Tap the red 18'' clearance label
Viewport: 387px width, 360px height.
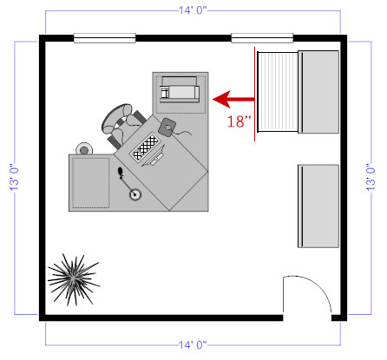click(x=239, y=122)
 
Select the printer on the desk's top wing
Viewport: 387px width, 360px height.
click(x=179, y=89)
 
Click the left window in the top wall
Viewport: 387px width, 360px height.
click(x=104, y=37)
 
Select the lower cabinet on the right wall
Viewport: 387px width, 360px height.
click(x=318, y=206)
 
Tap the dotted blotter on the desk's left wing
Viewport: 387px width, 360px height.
click(x=90, y=182)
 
